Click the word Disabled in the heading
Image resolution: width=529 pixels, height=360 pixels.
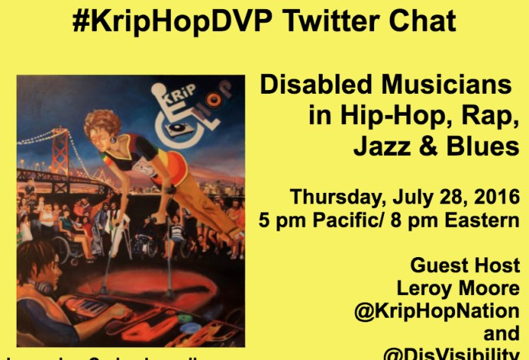(314, 85)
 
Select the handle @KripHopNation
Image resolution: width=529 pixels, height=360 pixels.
(437, 311)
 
